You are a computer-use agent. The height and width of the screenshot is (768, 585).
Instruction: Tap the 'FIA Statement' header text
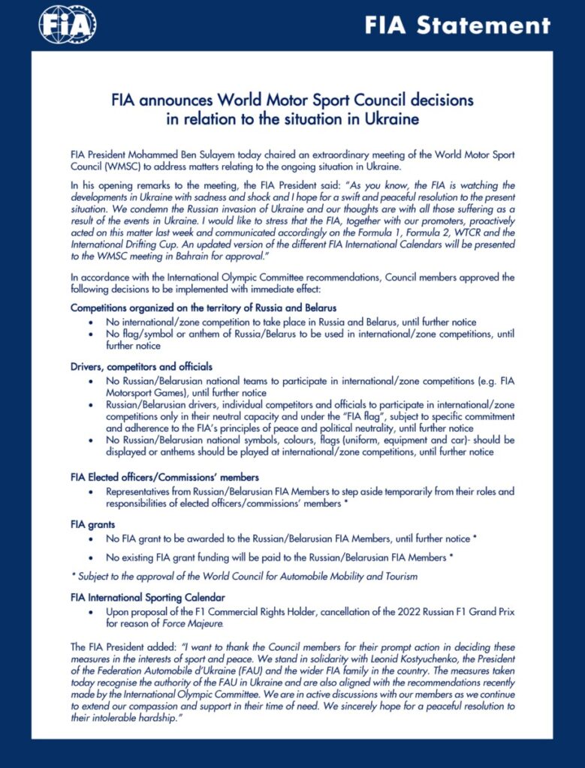[457, 25]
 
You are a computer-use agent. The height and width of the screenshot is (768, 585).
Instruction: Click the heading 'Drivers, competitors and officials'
[141, 367]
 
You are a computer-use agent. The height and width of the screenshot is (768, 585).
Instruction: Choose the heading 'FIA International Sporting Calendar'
[147, 598]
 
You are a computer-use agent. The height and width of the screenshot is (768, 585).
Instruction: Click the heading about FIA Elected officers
[165, 477]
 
